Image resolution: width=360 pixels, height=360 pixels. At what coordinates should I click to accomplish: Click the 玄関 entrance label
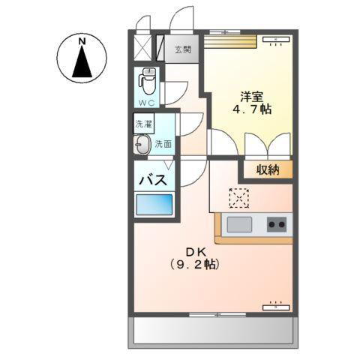tap(183, 50)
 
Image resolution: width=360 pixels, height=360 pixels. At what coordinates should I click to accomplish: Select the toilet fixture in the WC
tap(147, 79)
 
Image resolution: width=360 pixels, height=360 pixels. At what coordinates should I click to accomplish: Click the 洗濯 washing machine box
tap(142, 123)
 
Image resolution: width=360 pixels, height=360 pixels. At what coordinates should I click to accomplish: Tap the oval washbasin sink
tap(142, 145)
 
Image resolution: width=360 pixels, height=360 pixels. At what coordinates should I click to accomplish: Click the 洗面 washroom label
tap(163, 145)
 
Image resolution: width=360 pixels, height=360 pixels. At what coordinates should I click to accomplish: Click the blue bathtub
tap(154, 204)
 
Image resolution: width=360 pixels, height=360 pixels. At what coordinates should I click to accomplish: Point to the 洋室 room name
tap(251, 96)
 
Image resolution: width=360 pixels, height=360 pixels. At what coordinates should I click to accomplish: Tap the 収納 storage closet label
tap(267, 169)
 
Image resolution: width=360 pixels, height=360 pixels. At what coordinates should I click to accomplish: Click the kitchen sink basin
tap(240, 223)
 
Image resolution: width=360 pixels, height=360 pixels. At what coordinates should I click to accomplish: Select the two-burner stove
tap(276, 223)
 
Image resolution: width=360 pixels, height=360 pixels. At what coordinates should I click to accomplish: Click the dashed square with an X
tap(238, 196)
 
